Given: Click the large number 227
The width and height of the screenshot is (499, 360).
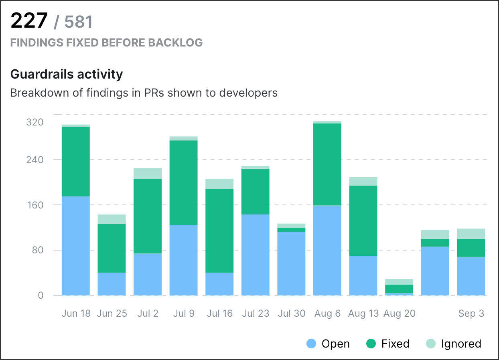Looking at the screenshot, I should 29,20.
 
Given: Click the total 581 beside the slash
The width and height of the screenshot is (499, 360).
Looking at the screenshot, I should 79,22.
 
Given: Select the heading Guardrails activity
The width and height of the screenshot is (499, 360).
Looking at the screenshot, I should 66,74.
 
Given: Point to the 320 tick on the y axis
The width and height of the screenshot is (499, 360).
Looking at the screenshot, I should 34,122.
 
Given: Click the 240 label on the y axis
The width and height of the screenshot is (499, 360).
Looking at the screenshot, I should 34,160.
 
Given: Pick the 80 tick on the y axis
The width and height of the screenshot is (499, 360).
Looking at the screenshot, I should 38,250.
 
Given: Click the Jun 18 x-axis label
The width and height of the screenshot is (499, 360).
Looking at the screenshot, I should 76,313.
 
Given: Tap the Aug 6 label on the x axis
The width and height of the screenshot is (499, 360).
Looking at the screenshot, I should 327,313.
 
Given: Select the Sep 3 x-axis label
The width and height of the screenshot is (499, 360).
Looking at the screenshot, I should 471,313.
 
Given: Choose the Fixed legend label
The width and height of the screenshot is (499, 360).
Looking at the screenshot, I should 395,344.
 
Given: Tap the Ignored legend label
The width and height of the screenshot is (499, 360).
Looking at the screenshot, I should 461,344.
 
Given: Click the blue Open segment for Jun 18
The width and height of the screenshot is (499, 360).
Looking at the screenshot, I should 76,245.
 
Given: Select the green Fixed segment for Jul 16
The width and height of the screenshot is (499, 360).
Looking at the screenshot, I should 219,231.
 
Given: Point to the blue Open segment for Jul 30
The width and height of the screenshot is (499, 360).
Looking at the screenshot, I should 291,263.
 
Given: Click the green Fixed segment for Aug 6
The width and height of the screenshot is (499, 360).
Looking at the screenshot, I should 327,164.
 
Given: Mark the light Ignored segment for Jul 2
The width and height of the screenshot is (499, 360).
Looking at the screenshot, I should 148,173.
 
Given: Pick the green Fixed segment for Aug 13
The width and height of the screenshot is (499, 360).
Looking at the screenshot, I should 363,220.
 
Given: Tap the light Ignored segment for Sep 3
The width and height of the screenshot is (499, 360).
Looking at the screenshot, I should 471,233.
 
